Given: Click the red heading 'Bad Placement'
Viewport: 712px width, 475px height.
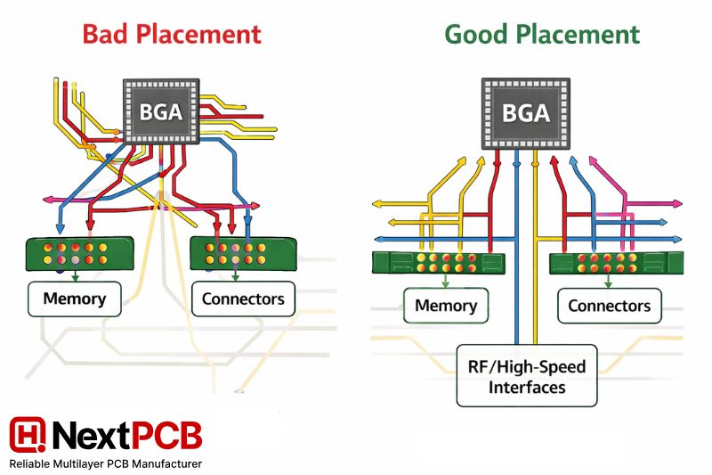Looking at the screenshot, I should coord(172,34).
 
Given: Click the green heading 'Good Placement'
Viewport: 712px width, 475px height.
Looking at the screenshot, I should coord(542,34).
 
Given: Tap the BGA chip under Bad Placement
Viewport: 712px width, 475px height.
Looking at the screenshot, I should coord(160,112).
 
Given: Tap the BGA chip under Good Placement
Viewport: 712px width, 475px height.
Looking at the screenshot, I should coord(526,114).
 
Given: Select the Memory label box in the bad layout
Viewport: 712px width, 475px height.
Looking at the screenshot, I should coord(75,299).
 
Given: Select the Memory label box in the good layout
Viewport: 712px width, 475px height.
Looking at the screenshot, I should coord(446,306).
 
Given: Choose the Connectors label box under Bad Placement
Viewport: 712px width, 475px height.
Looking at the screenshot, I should coord(243,299).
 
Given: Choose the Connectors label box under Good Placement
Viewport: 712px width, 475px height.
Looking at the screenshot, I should coord(610,306).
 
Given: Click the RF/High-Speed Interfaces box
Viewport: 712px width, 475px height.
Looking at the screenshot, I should coord(526,375).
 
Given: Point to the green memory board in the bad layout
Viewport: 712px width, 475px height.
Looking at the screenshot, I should coord(80,253).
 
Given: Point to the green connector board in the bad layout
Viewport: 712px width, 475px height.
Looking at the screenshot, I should coord(241,253).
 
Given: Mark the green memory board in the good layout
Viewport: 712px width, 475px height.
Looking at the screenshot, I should coord(437,262).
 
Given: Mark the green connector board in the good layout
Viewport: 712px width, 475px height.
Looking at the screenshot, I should coord(615,262).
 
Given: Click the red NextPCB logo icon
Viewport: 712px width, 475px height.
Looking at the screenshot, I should coord(27,434).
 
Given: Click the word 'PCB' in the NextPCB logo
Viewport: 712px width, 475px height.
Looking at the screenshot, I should coord(166,434).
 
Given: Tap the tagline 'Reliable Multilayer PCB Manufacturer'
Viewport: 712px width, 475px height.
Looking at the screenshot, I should coord(105,464).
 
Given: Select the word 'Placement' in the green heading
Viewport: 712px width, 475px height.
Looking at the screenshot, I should coord(579,34).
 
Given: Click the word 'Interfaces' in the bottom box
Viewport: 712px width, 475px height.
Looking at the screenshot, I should coord(526,388).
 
